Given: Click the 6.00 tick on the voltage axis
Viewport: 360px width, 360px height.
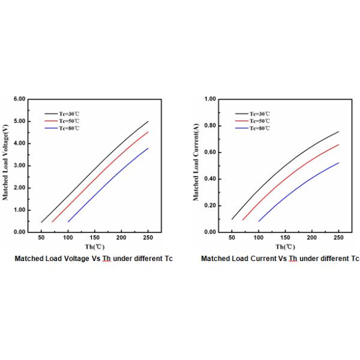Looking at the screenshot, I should point(19,99).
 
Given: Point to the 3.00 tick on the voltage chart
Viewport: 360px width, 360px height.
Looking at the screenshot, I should point(19,166).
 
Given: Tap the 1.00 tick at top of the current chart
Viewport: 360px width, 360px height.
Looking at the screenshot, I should point(209,99).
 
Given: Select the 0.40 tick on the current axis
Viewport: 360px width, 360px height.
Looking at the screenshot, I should point(209,179).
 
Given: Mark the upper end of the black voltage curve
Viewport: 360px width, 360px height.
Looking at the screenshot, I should point(148,121).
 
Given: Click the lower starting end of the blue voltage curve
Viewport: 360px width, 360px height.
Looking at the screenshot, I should point(68,221).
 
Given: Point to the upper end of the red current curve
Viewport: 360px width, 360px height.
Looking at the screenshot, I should point(338,145).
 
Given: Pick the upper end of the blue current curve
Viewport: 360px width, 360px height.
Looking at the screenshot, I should point(338,163).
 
